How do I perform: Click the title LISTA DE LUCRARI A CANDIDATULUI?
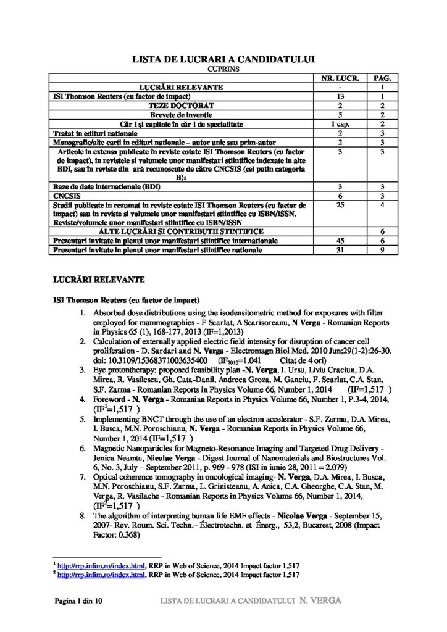(224, 60)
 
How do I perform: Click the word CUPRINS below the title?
(224, 70)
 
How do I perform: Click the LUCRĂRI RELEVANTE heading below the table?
(99, 280)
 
